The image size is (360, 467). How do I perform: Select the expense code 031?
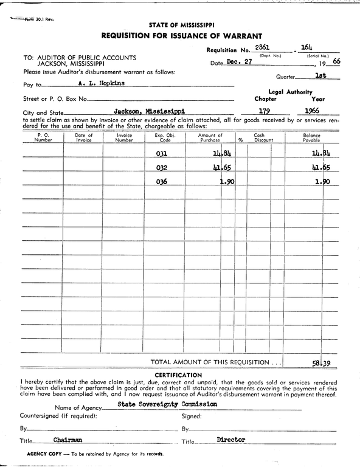[x=162, y=154]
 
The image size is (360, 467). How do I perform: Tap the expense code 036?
[x=162, y=182]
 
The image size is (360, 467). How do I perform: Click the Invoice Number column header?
[x=124, y=137]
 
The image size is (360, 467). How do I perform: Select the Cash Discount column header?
[x=263, y=137]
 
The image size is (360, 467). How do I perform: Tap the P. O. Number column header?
[x=43, y=137]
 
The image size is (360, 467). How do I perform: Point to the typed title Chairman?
[x=67, y=439]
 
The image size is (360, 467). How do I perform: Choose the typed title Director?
[x=230, y=439]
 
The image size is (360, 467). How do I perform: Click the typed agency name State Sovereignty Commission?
[x=159, y=404]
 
